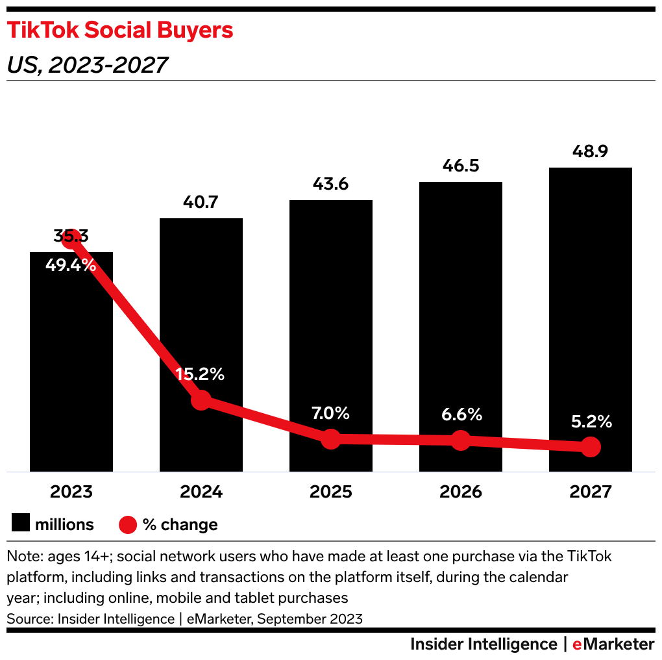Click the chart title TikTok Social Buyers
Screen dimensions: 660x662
(x=120, y=31)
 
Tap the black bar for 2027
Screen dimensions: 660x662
(x=591, y=292)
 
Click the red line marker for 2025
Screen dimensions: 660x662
(x=331, y=438)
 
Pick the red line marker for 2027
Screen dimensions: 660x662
(x=590, y=446)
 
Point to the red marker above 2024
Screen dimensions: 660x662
(x=201, y=400)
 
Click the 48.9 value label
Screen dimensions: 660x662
(x=591, y=152)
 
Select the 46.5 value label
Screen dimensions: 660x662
(x=461, y=166)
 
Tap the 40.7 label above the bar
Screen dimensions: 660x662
(x=201, y=202)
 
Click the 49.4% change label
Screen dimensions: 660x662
(x=71, y=265)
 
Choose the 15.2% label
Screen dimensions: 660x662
(x=201, y=374)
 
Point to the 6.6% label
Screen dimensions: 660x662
(x=460, y=414)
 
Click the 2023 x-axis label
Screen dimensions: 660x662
(x=71, y=491)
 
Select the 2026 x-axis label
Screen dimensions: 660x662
(x=461, y=491)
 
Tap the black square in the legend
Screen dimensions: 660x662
(x=21, y=524)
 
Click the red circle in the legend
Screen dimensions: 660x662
(x=128, y=524)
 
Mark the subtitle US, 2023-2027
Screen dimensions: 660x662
(x=87, y=65)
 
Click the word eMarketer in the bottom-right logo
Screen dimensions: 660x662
(x=613, y=644)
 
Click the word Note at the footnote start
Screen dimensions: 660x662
(x=21, y=557)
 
